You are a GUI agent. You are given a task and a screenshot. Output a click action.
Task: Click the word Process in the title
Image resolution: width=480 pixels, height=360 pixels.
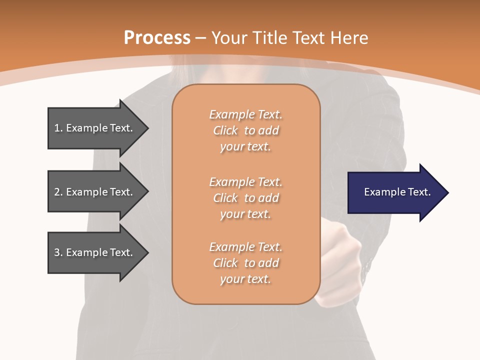(x=157, y=38)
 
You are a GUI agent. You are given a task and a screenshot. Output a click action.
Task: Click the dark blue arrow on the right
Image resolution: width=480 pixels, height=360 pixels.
(x=395, y=192)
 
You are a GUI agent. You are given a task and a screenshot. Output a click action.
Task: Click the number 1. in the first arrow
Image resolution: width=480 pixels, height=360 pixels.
(x=58, y=128)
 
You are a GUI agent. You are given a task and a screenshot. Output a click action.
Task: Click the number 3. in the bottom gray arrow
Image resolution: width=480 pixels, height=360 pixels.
(x=58, y=253)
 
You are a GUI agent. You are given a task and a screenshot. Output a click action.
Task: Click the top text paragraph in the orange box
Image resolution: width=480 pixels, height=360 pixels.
(x=245, y=130)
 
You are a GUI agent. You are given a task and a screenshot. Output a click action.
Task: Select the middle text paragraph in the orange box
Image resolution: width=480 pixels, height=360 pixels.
(x=245, y=198)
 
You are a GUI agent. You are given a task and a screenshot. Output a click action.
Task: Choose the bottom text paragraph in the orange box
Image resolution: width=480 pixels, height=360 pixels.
(x=245, y=263)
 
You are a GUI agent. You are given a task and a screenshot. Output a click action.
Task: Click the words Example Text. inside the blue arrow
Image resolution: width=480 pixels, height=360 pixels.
(x=397, y=192)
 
